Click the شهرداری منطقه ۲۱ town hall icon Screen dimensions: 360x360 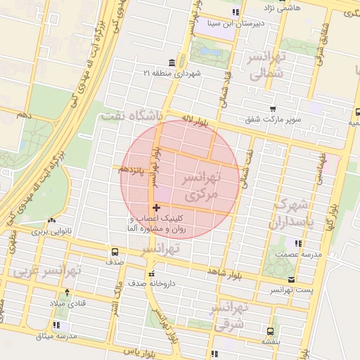point(172,63)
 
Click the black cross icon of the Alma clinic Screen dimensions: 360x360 point(156,207)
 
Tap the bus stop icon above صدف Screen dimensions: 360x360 point(115,252)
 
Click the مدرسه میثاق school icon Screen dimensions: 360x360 point(57,325)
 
